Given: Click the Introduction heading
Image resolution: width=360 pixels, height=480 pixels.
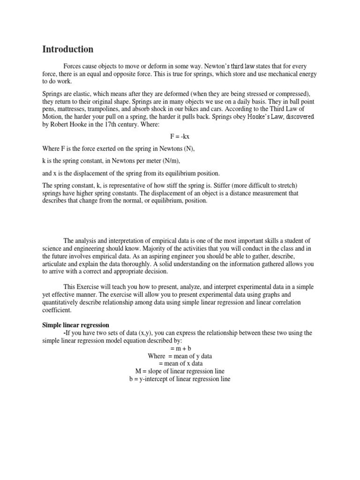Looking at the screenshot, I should pos(68,49).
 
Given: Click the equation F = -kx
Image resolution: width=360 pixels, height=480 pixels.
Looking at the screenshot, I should pos(180,136).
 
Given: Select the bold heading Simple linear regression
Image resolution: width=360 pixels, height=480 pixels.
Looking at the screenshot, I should pos(76,325).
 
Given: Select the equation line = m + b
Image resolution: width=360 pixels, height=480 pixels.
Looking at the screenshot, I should pos(180,348).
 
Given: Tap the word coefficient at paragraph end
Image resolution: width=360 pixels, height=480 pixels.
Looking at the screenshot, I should pos(57,310).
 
